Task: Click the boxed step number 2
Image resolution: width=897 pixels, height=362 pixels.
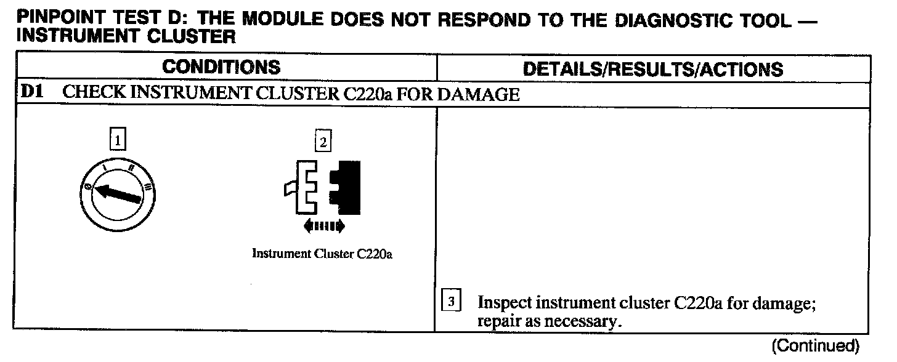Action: (322, 142)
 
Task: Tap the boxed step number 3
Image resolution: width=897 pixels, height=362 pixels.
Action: (451, 302)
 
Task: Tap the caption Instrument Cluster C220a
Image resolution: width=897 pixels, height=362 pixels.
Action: (322, 254)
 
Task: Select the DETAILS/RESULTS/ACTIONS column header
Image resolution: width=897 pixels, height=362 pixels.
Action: (653, 69)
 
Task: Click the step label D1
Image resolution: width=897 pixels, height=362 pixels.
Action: (31, 94)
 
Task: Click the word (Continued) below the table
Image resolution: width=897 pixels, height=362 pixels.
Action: (814, 345)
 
